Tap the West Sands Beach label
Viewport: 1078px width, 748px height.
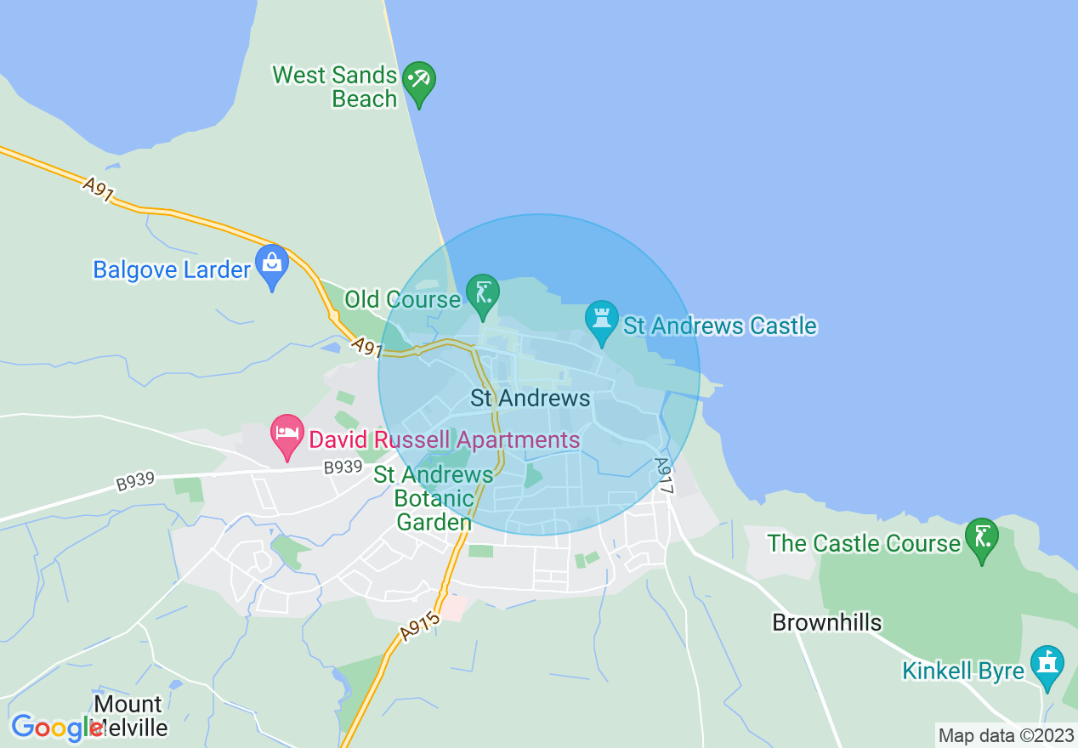(335, 87)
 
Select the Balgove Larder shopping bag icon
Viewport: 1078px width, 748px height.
(272, 264)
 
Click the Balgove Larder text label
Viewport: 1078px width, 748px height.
(172, 270)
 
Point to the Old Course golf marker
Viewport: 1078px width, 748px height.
(483, 294)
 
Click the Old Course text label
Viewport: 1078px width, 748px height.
(402, 299)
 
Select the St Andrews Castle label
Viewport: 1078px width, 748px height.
(720, 326)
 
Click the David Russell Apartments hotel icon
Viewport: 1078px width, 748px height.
(287, 434)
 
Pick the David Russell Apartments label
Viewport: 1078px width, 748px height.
(444, 440)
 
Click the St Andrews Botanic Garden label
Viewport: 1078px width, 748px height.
(434, 498)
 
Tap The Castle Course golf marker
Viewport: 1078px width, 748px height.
(982, 538)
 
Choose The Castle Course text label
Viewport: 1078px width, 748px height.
(863, 543)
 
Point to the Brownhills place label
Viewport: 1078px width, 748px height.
(826, 622)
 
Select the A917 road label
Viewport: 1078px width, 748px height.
(664, 476)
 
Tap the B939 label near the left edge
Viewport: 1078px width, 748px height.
(136, 481)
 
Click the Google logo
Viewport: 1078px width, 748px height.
(57, 728)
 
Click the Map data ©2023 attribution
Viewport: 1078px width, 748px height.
(1006, 735)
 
